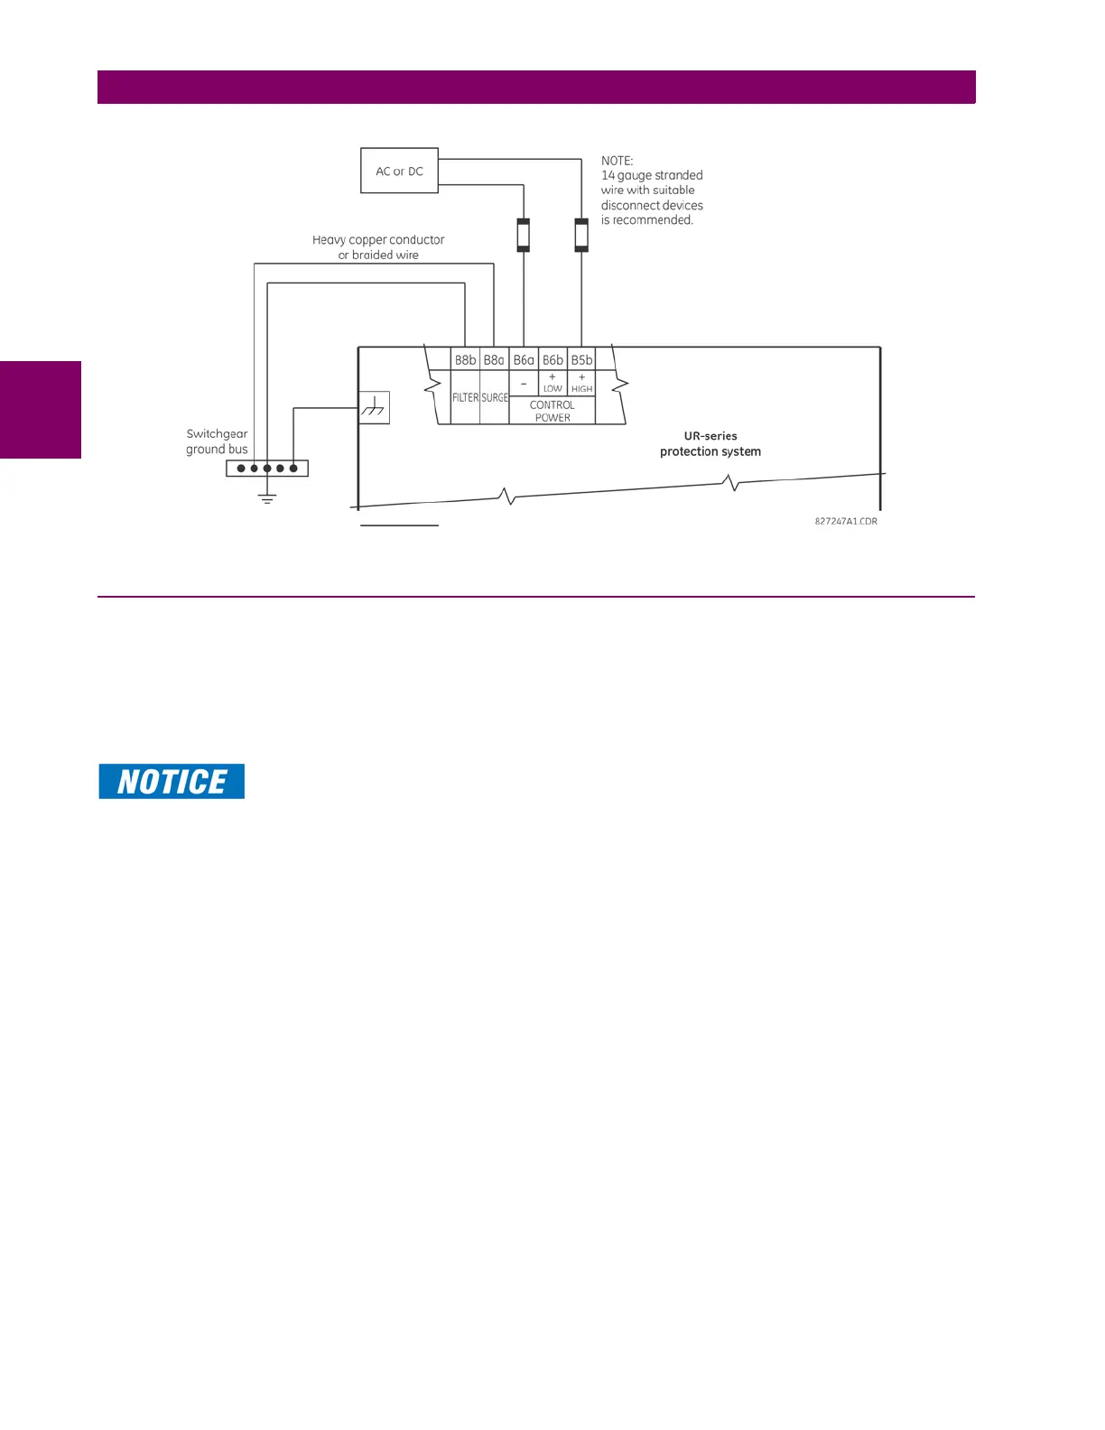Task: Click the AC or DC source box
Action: click(399, 171)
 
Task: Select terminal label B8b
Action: click(465, 359)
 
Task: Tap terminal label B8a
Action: click(494, 359)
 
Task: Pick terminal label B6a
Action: click(524, 359)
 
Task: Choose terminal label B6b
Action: click(552, 359)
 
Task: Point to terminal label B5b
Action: click(581, 359)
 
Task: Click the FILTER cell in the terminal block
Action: click(465, 397)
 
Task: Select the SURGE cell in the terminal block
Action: click(495, 397)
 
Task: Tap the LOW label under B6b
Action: click(552, 388)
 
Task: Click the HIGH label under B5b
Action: click(581, 388)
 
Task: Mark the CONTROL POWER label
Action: click(552, 411)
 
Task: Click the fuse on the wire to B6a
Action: click(524, 235)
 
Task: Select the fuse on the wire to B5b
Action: click(581, 235)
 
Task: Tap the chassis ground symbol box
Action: click(375, 408)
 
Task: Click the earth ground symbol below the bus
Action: click(267, 497)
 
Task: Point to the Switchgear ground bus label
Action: click(217, 441)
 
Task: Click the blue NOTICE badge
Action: click(172, 781)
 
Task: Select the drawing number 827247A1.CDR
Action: click(846, 521)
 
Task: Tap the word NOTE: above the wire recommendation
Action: click(617, 161)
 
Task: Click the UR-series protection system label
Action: click(710, 443)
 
